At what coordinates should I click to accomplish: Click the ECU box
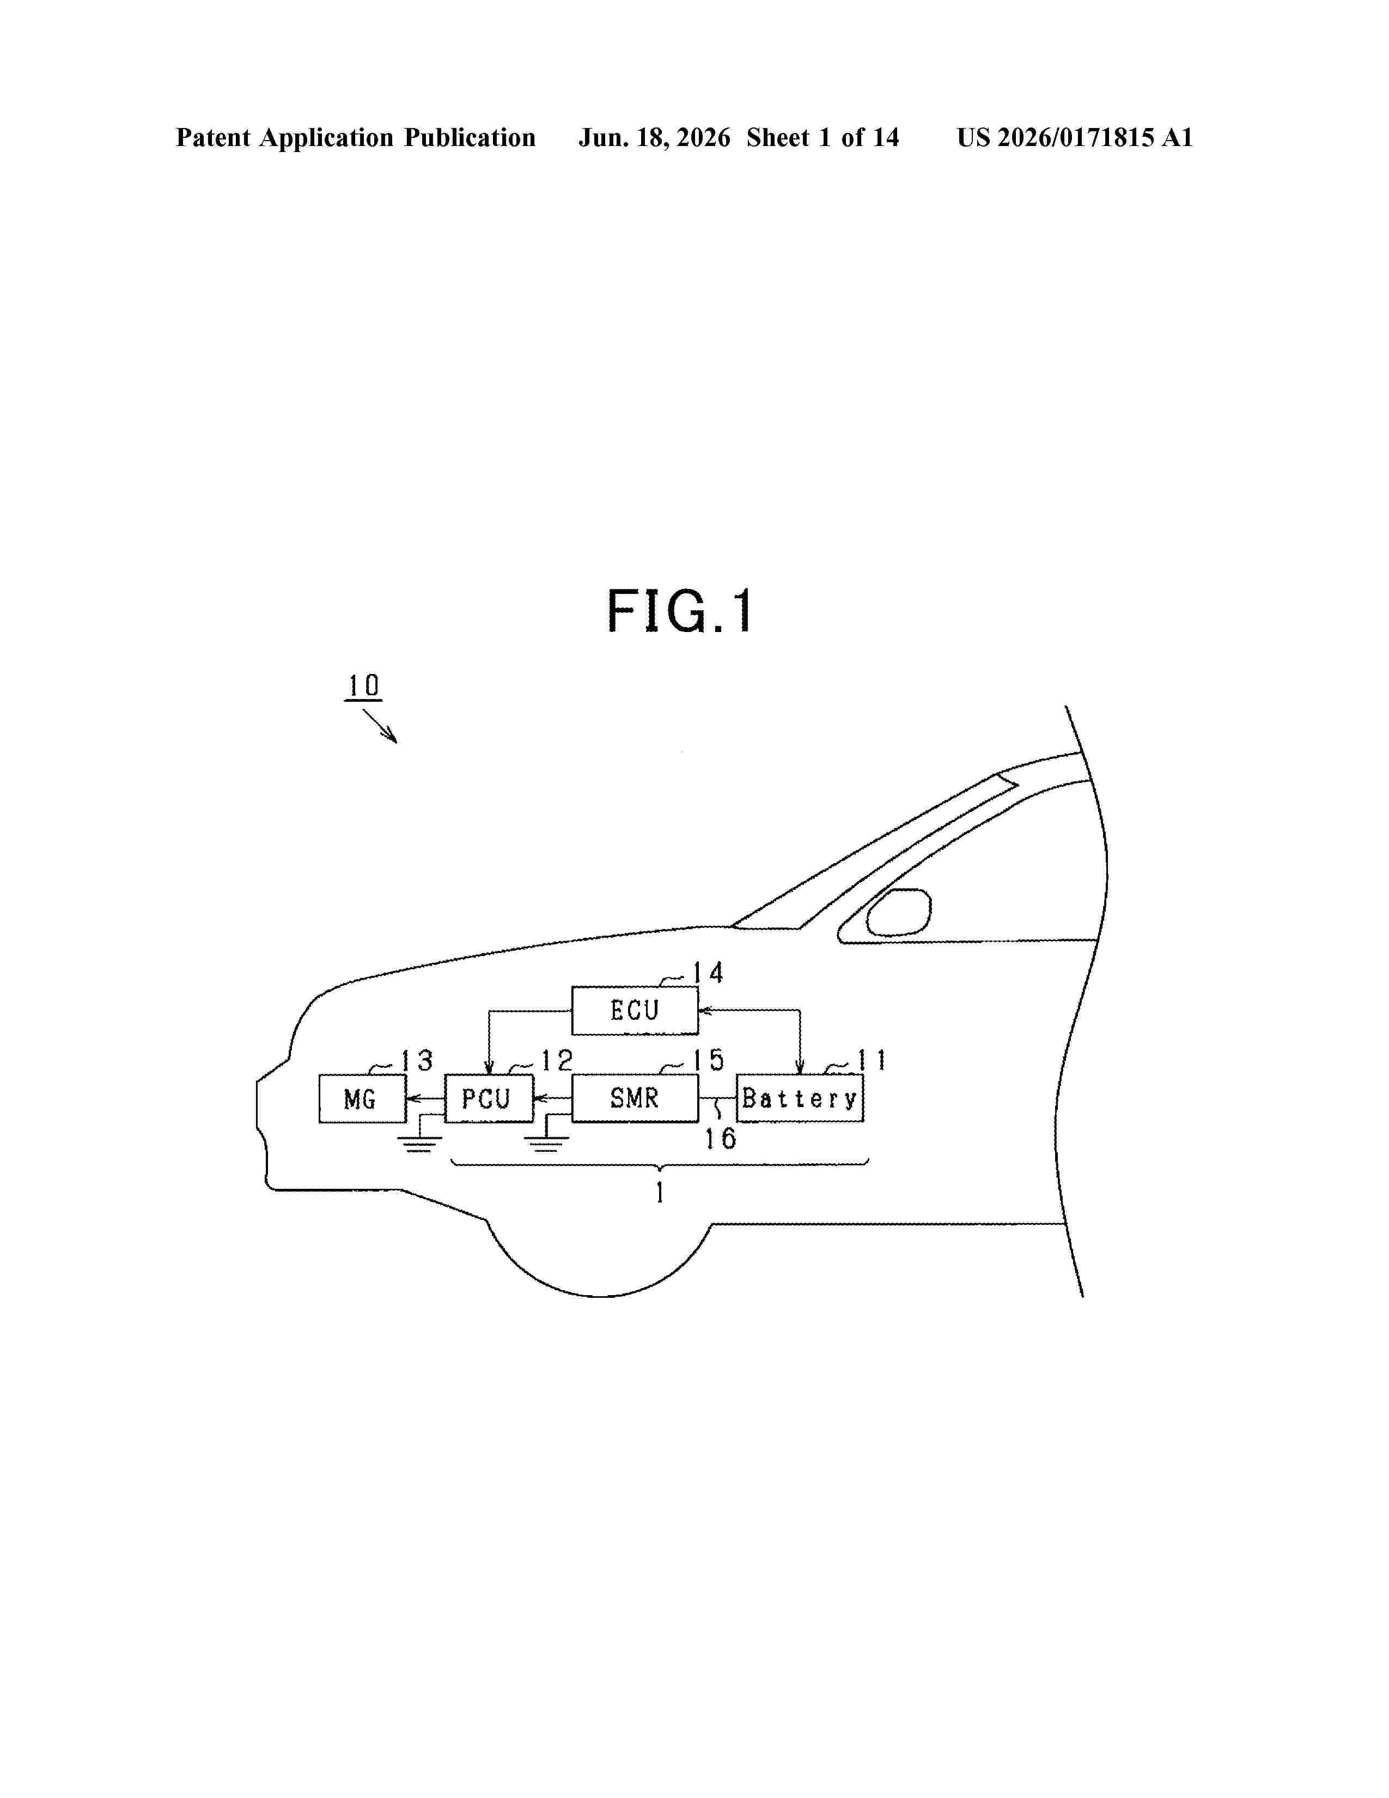coord(635,1010)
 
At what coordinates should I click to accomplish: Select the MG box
coord(362,1098)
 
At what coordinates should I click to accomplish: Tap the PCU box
coord(489,1098)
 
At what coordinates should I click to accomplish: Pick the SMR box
coord(635,1098)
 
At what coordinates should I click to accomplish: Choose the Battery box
coord(800,1098)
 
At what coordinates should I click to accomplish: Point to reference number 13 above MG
coord(416,1060)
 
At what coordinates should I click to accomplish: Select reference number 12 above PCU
coord(556,1060)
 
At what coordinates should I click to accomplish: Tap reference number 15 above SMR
coord(708,1060)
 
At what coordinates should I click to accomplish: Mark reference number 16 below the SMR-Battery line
coord(720,1139)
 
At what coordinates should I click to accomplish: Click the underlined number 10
coord(363,686)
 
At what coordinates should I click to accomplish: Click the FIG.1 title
coord(680,612)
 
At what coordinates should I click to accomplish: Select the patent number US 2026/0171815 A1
coord(1075,137)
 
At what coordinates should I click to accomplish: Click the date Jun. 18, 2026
coord(654,137)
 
